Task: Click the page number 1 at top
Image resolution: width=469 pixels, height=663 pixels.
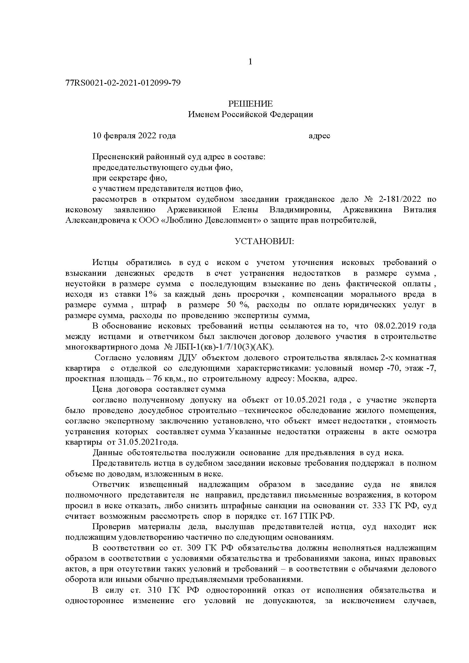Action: tap(250, 62)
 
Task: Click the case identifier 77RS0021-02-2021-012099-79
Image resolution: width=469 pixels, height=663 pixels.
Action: tap(123, 83)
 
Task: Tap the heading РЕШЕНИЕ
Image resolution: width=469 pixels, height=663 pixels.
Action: tap(250, 104)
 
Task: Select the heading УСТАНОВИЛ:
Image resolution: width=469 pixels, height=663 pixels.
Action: tap(264, 242)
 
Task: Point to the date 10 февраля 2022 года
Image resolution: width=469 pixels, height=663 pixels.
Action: tap(134, 136)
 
